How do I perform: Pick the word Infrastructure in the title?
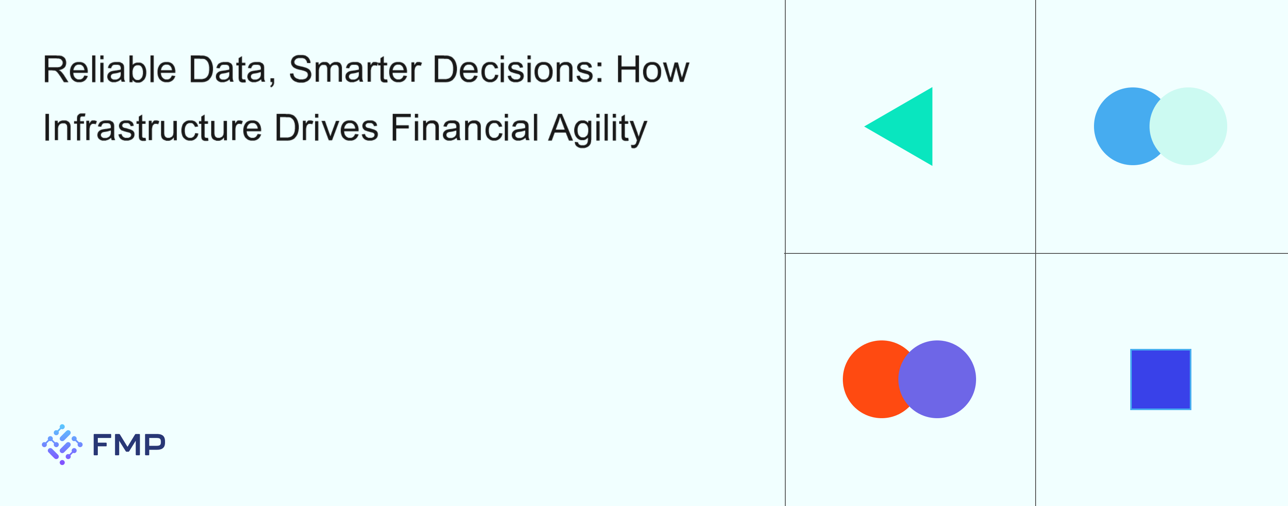pyautogui.click(x=153, y=128)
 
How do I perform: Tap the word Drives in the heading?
pyautogui.click(x=326, y=128)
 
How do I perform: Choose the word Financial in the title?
pyautogui.click(x=464, y=128)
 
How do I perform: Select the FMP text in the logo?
pyautogui.click(x=129, y=444)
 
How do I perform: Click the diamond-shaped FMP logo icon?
pyautogui.click(x=62, y=444)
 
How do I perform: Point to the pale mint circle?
pyautogui.click(x=1188, y=126)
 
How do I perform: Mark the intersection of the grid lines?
pyautogui.click(x=1036, y=253)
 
